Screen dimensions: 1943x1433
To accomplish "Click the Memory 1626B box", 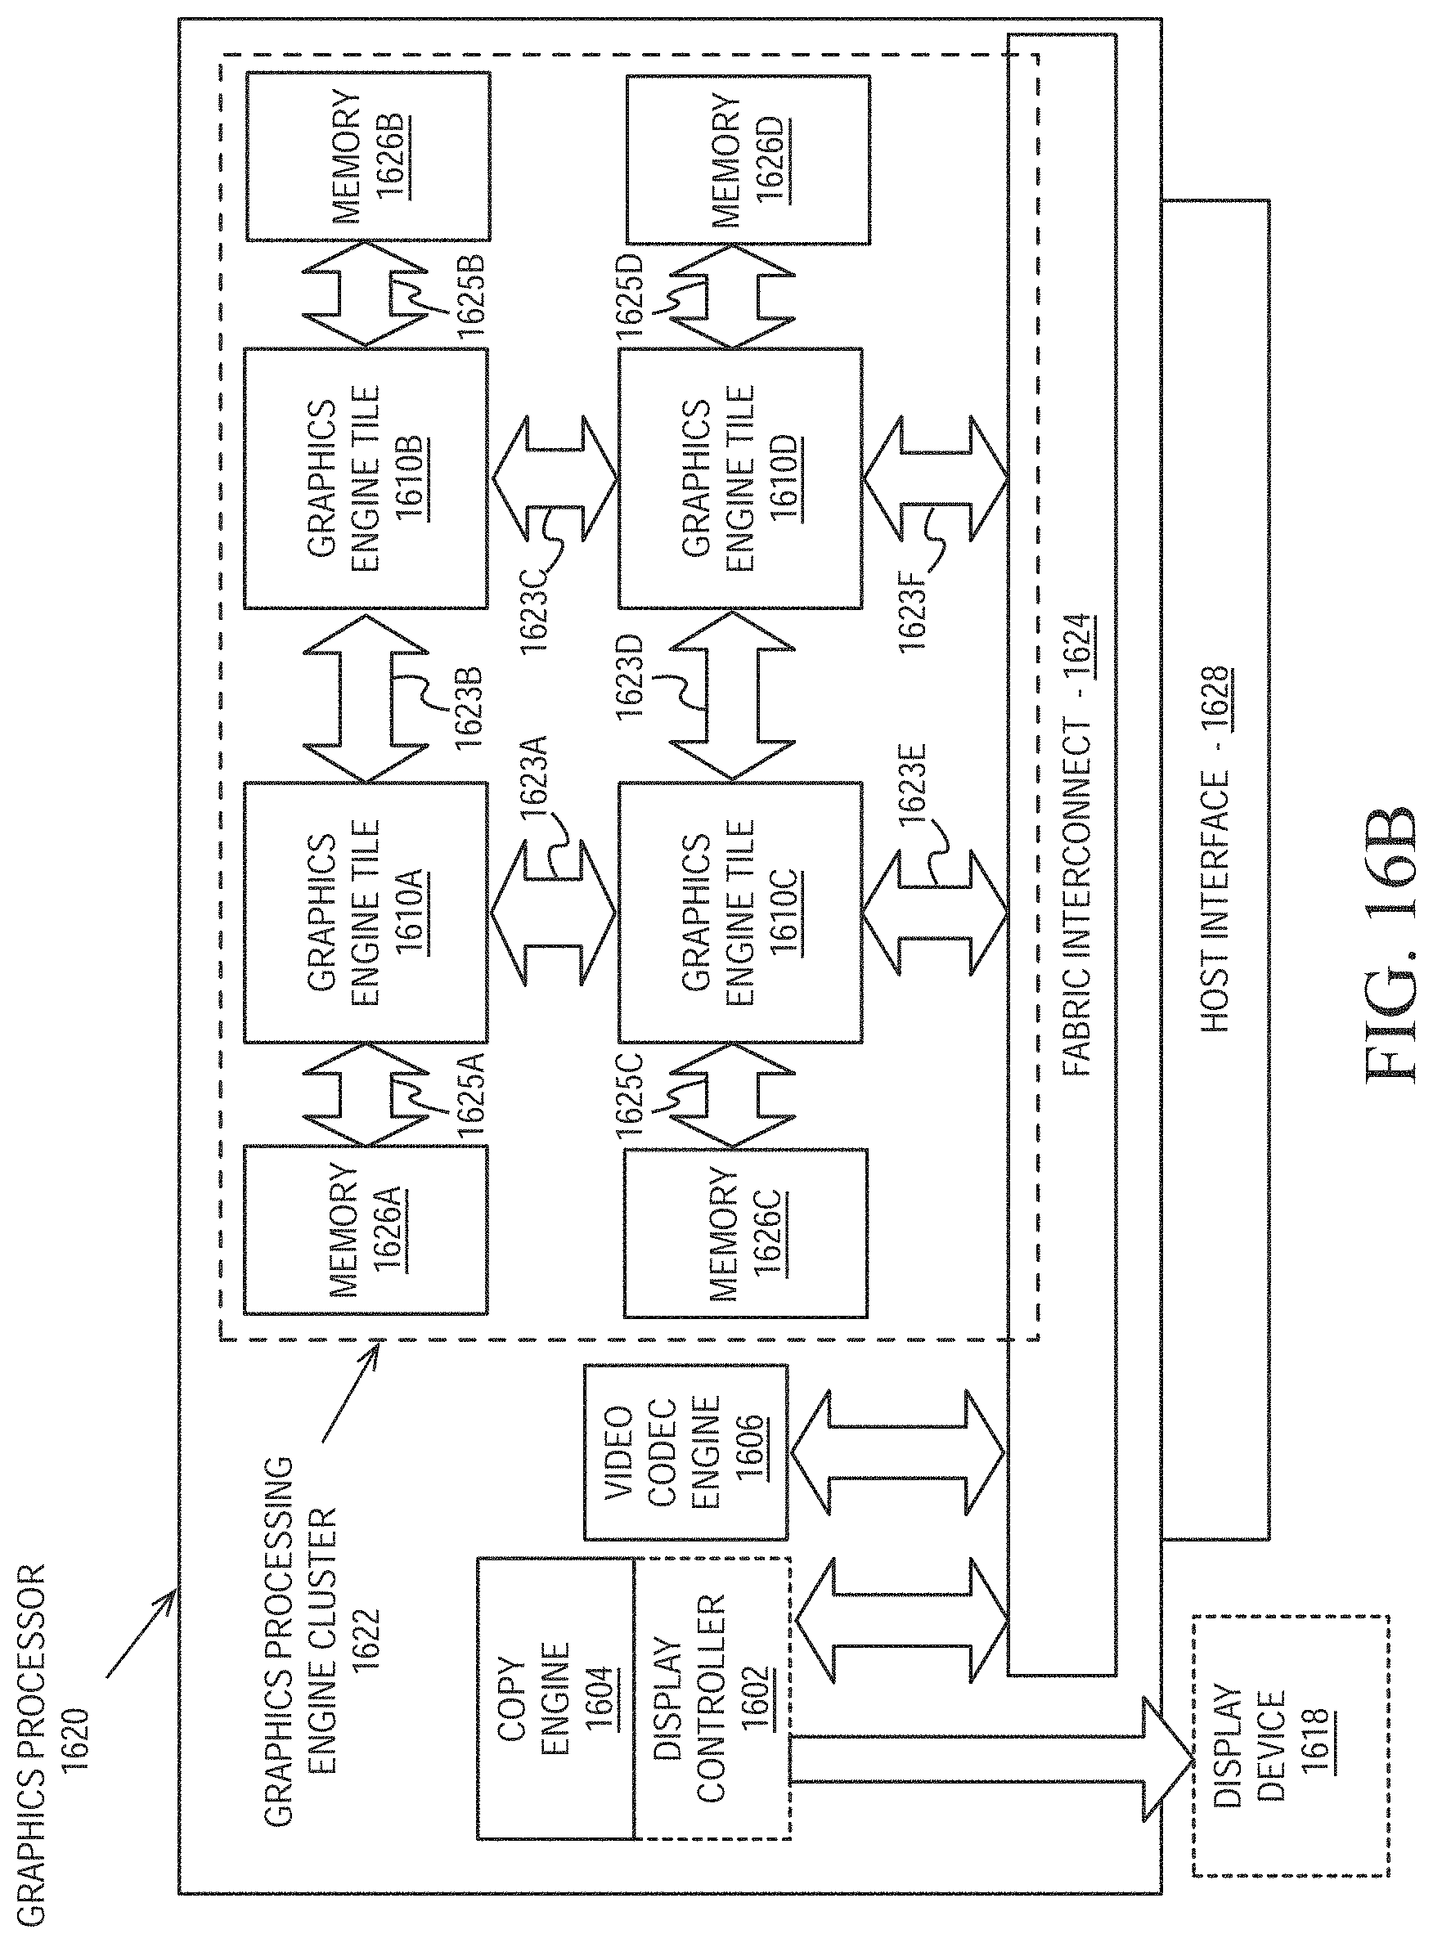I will click(368, 157).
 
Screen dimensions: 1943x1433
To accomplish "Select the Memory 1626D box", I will click(748, 159).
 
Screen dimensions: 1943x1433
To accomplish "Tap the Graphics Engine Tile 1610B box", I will click(365, 478).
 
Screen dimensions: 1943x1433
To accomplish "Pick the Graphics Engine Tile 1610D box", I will click(740, 478).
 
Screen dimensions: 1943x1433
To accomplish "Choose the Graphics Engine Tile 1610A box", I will click(365, 912).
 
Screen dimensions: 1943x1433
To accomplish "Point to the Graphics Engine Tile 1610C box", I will click(740, 912).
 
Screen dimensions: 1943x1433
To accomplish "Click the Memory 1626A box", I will click(365, 1229).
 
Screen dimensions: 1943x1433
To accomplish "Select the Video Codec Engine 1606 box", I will click(685, 1452).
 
